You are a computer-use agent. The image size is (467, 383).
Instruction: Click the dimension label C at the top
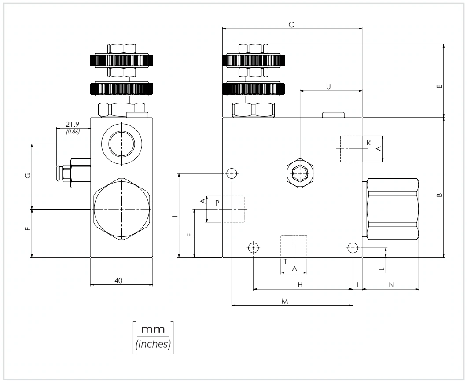point(291,25)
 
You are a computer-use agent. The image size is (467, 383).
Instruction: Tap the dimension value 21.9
point(72,124)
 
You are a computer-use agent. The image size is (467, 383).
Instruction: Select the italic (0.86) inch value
point(73,131)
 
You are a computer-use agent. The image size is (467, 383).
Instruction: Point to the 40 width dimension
point(118,280)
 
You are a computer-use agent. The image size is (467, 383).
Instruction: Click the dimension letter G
point(28,175)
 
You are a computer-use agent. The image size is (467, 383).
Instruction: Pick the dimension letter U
point(328,87)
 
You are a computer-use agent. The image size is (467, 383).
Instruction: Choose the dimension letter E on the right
point(439,86)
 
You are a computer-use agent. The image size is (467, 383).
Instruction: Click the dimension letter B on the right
point(439,195)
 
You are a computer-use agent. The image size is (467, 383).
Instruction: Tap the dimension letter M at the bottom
point(285,302)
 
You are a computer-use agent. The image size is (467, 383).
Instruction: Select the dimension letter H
point(300,285)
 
